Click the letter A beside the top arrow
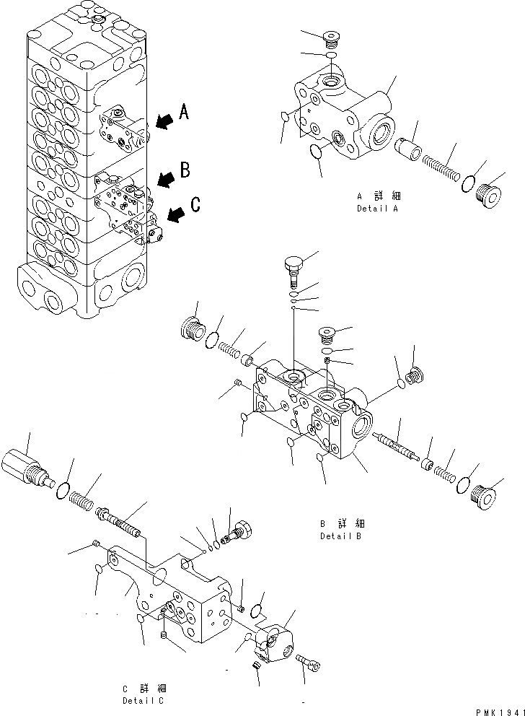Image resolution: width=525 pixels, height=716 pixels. (185, 112)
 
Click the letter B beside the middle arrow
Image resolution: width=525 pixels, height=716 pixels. (185, 170)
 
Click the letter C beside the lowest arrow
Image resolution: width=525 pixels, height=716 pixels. (195, 206)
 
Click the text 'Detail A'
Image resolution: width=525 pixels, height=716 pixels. (376, 209)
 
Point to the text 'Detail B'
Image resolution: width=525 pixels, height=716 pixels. (341, 536)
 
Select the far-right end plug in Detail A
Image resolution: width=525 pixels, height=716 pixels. (489, 194)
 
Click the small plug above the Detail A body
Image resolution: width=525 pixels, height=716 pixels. (331, 38)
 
